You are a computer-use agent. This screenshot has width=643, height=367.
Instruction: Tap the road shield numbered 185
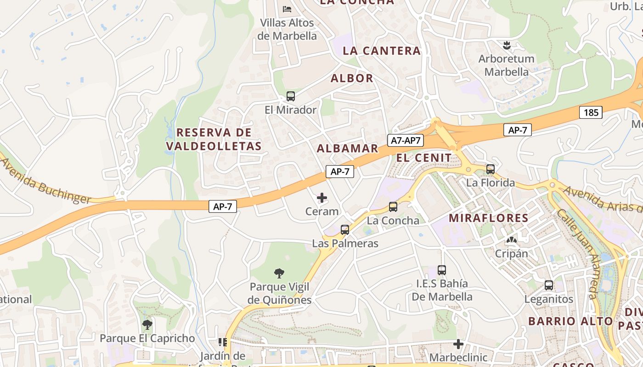(590, 112)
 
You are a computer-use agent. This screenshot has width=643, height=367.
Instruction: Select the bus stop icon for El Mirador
(291, 96)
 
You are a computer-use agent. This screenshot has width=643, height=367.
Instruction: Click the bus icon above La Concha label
(393, 207)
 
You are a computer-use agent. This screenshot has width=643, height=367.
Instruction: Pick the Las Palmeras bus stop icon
(345, 230)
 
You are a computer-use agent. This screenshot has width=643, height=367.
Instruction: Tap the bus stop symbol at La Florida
(491, 169)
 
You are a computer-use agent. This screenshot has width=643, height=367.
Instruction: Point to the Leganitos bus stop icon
(549, 285)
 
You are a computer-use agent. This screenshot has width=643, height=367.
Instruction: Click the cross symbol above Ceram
(322, 198)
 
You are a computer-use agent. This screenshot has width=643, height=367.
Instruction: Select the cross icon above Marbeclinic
(458, 344)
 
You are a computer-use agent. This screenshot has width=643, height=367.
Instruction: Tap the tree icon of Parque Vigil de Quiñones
(279, 273)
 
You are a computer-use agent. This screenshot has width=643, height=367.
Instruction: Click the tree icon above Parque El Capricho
(147, 325)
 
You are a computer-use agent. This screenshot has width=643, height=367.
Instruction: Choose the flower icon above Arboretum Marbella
(506, 45)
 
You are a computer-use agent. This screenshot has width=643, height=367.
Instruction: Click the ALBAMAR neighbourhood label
(347, 148)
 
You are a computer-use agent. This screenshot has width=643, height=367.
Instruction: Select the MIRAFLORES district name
(489, 218)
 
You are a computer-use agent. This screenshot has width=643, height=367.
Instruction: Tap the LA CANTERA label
(382, 51)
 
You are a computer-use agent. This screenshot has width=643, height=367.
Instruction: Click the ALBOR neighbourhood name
(352, 78)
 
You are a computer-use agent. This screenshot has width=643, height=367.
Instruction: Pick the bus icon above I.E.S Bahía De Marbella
(442, 270)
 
